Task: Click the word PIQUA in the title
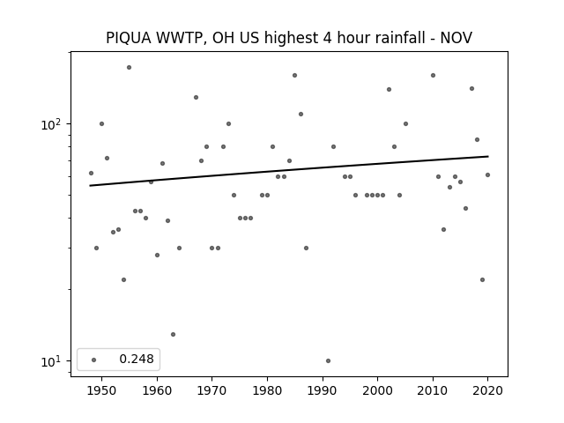(129, 38)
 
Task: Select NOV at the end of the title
(456, 38)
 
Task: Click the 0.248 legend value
(137, 359)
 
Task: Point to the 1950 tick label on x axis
(101, 390)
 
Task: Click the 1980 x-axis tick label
(267, 390)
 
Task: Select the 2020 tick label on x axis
(487, 390)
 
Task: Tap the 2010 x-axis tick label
(433, 390)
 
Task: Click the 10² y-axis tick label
(51, 124)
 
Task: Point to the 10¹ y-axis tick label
(51, 361)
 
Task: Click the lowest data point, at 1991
(328, 360)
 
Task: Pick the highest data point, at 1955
(130, 68)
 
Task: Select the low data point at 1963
(173, 335)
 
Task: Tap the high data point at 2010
(433, 76)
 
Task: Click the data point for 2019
(482, 280)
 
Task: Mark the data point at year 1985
(294, 76)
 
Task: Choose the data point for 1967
(196, 98)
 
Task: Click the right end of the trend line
(488, 156)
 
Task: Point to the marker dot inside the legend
(94, 360)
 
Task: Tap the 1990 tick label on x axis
(323, 390)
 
